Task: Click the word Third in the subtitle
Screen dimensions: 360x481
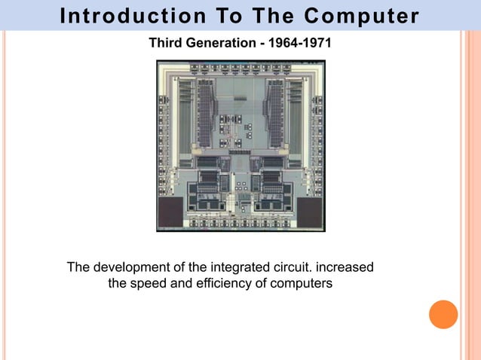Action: [165, 43]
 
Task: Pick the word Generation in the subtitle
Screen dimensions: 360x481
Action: [218, 43]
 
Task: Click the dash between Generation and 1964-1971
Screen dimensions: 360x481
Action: [260, 43]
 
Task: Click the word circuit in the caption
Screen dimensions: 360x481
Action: [290, 268]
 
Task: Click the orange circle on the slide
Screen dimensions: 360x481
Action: [443, 314]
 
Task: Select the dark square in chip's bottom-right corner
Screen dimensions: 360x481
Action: [310, 212]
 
